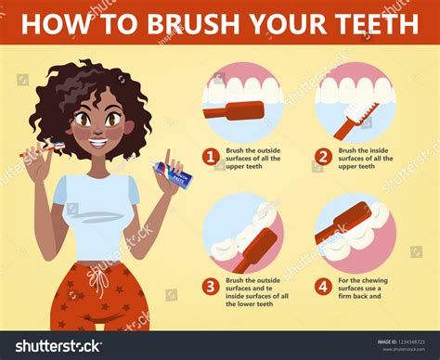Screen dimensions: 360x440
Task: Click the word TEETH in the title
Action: (x=376, y=23)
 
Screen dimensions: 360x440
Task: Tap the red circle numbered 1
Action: (x=211, y=158)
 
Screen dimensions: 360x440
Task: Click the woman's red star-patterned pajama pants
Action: (x=97, y=297)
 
